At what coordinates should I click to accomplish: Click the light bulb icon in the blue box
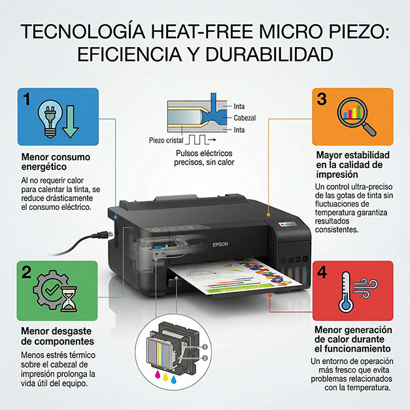point(50,118)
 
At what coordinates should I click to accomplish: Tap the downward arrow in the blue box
point(71,122)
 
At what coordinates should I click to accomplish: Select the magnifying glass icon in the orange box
point(356,116)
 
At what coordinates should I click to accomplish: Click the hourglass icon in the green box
point(69,299)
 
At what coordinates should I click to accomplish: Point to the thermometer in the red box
point(346,292)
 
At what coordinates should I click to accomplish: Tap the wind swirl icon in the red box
point(366,288)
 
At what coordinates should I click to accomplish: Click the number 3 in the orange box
point(322,99)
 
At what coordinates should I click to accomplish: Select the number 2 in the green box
point(26,272)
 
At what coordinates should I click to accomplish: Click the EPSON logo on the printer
point(220,245)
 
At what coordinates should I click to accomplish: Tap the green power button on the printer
point(156,230)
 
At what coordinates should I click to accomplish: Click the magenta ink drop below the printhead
point(158,375)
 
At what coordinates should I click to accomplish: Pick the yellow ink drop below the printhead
point(165,377)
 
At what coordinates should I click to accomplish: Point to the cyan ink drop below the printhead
point(174,379)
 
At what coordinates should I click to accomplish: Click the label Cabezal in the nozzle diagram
point(245,118)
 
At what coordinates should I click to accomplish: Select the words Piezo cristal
point(166,141)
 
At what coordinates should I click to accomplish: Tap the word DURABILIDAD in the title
point(269,54)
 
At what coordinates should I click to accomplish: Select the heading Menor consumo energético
point(56,162)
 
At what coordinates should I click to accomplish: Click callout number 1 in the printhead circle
point(205,347)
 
